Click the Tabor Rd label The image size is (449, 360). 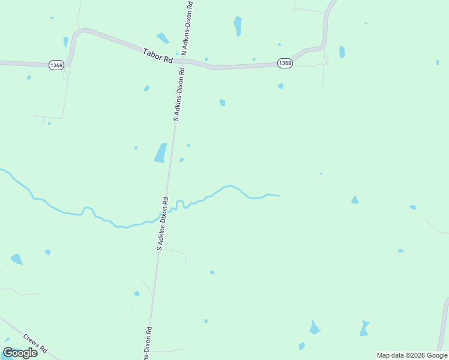pyautogui.click(x=158, y=56)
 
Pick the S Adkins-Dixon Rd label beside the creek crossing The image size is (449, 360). pyautogui.click(x=163, y=223)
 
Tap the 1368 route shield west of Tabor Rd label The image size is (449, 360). pyautogui.click(x=56, y=65)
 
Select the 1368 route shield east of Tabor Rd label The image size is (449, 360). pyautogui.click(x=285, y=63)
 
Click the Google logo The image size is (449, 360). pyautogui.click(x=20, y=353)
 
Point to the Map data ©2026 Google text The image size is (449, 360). pyautogui.click(x=412, y=355)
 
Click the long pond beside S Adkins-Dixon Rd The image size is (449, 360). pyautogui.click(x=160, y=152)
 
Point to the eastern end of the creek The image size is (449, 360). pyautogui.click(x=279, y=196)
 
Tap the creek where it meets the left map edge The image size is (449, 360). pyautogui.click(x=2, y=170)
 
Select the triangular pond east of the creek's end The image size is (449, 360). pyautogui.click(x=355, y=200)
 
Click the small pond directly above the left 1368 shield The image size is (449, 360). pyautogui.click(x=65, y=42)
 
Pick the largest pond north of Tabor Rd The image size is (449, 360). pyautogui.click(x=238, y=26)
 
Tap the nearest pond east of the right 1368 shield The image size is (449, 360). pyautogui.click(x=342, y=52)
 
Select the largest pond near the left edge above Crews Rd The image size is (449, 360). pyautogui.click(x=16, y=259)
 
